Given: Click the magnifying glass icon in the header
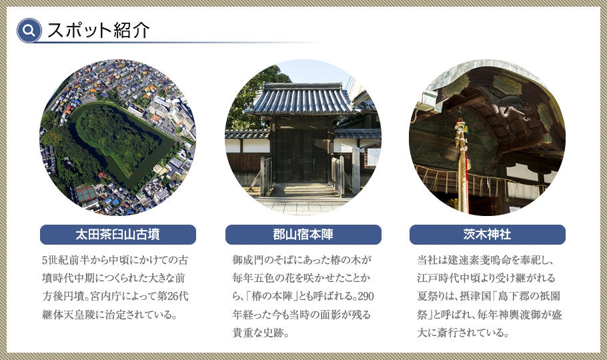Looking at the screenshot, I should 29,30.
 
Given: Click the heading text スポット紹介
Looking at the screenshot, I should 98,30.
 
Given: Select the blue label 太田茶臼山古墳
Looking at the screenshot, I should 118,235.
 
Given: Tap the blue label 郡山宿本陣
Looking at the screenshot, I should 303,235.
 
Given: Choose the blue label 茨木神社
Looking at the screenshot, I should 487,235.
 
